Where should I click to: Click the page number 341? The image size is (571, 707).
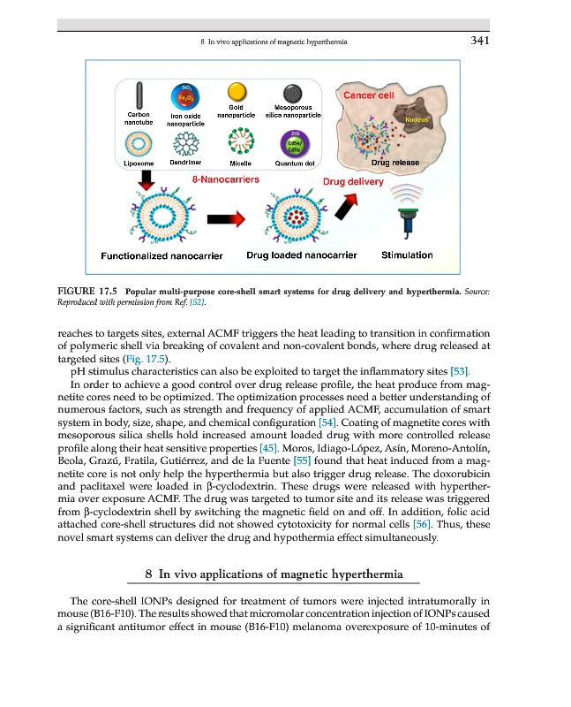point(479,40)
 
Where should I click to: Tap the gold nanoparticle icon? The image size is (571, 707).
point(236,92)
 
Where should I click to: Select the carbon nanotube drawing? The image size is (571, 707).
point(138,95)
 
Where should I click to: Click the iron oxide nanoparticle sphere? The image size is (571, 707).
point(186,95)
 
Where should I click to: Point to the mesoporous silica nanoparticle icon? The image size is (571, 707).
point(293,93)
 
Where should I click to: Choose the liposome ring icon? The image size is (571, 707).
point(138,143)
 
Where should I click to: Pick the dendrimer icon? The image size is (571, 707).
point(186,141)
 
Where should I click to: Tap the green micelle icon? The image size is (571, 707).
point(239,141)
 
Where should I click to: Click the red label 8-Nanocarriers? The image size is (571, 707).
point(225,180)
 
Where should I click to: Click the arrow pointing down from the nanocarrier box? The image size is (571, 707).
point(135,180)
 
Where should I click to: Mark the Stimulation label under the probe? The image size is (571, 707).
point(407,255)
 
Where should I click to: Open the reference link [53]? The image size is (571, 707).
point(460,371)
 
